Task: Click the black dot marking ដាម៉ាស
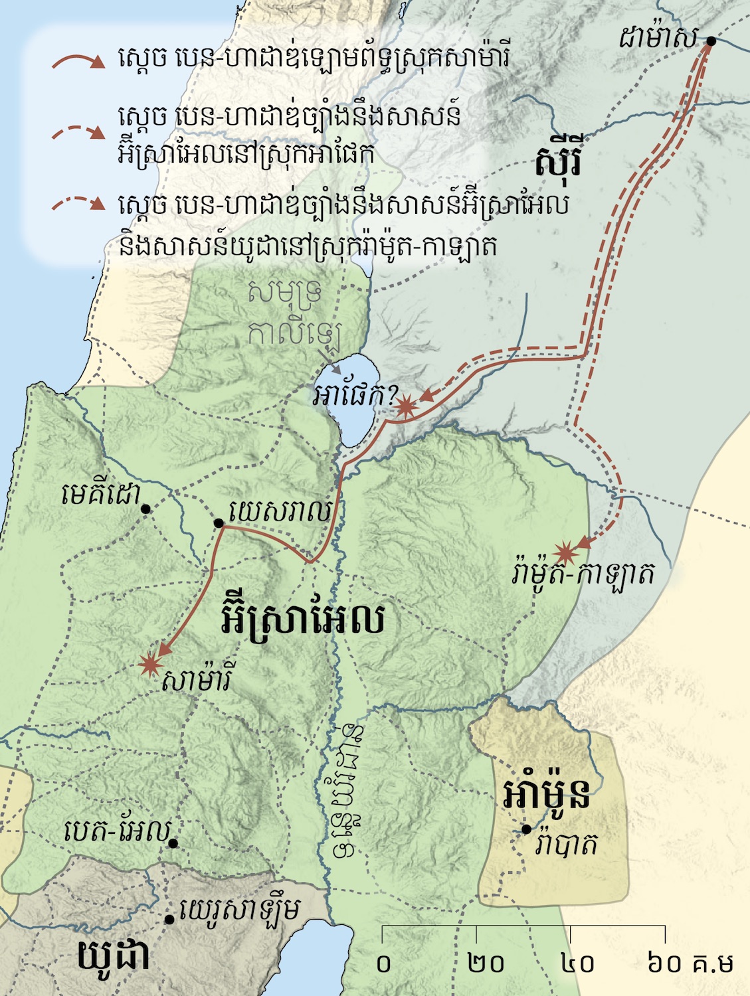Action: click(710, 41)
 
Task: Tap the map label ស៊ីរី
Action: click(558, 161)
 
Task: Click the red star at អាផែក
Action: click(405, 406)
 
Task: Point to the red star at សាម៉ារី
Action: click(151, 663)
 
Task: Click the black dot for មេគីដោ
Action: click(146, 509)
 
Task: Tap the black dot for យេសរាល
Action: click(219, 523)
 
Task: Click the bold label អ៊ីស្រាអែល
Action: click(302, 620)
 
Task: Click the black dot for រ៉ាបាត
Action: click(526, 829)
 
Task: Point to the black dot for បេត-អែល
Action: click(173, 843)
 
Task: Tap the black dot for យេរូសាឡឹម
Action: click(169, 920)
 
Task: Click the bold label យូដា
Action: click(114, 956)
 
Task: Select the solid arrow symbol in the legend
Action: click(78, 62)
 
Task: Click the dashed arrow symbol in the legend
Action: click(78, 131)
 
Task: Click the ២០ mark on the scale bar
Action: click(486, 963)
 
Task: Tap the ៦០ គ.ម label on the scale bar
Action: click(690, 963)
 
